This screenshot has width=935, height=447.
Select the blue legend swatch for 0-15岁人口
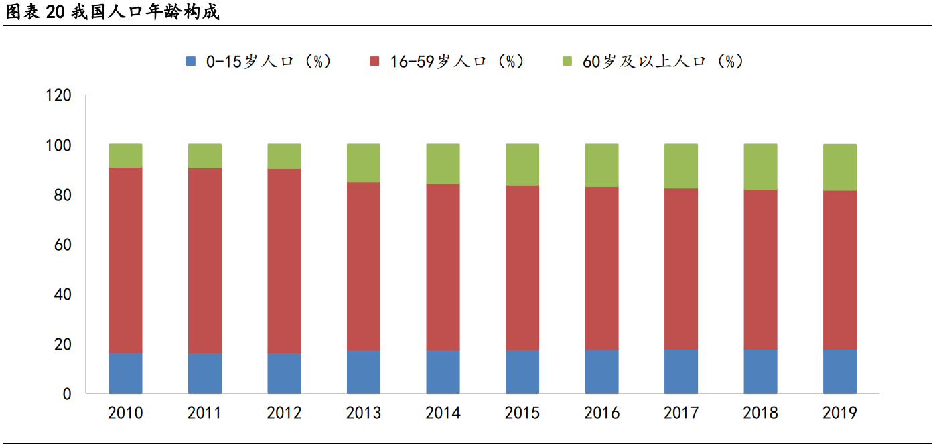pyautogui.click(x=191, y=62)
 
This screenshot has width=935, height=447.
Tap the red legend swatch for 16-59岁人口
pyautogui.click(x=375, y=62)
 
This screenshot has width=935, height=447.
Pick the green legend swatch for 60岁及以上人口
pyautogui.click(x=567, y=62)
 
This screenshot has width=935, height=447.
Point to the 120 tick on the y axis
pyautogui.click(x=58, y=96)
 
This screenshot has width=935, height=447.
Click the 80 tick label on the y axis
pyautogui.click(x=62, y=196)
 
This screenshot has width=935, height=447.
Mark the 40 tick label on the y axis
pyautogui.click(x=62, y=295)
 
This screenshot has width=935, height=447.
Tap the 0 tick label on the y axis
pyautogui.click(x=67, y=394)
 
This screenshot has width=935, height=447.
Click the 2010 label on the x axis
pyautogui.click(x=125, y=413)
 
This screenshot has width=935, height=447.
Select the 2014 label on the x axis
pyautogui.click(x=443, y=413)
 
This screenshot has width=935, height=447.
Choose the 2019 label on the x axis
pyautogui.click(x=839, y=413)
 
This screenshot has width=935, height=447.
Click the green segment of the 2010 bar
pyautogui.click(x=125, y=155)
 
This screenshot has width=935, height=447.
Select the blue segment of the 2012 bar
pyautogui.click(x=284, y=373)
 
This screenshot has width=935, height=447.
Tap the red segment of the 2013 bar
pyautogui.click(x=364, y=266)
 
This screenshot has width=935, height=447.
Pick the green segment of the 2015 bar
pyautogui.click(x=522, y=164)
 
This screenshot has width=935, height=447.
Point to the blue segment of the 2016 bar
pyautogui.click(x=601, y=371)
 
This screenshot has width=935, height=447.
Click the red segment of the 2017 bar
pyautogui.click(x=681, y=269)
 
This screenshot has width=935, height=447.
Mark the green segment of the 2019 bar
pyautogui.click(x=840, y=168)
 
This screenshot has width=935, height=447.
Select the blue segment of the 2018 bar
pyautogui.click(x=760, y=371)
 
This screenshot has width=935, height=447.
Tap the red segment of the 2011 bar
pyautogui.click(x=205, y=260)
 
